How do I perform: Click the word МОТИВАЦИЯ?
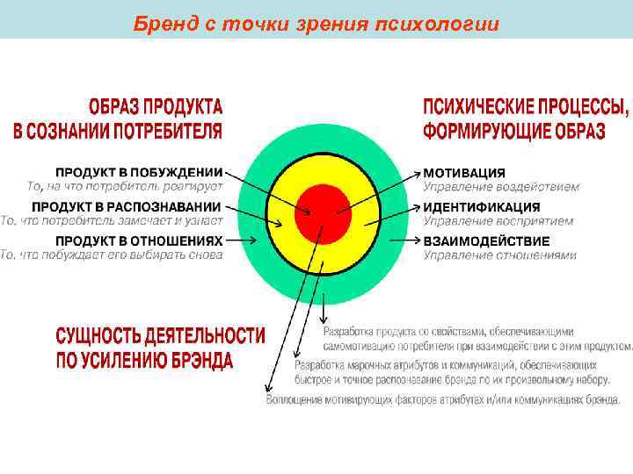pos(464,173)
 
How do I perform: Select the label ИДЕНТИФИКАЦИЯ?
pos(482,207)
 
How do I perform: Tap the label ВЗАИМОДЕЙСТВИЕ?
pos(486,241)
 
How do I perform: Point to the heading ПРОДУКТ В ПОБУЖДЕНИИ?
pos(139,173)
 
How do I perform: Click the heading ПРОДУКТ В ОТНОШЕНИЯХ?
pos(139,240)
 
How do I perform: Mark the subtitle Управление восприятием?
pos(498,221)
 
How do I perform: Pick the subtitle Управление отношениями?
pos(500,255)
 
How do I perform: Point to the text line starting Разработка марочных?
pos(447,364)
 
